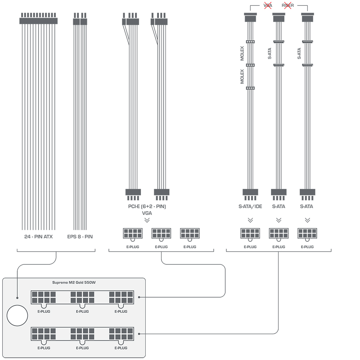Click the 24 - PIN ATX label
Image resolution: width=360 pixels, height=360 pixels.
click(38, 237)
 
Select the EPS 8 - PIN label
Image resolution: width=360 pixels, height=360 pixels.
click(80, 237)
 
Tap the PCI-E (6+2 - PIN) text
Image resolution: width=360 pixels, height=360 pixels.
click(147, 206)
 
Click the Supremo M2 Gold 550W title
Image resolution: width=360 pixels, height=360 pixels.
click(74, 282)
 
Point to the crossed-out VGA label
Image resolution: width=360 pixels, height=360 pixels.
click(268, 5)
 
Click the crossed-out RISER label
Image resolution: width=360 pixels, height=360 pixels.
click(288, 5)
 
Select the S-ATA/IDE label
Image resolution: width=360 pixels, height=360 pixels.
click(250, 206)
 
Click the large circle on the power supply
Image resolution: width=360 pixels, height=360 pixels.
click(17, 315)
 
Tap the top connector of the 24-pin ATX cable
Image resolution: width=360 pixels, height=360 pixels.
click(38, 18)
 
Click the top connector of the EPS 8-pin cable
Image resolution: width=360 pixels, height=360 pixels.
click(80, 19)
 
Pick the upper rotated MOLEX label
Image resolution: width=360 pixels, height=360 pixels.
click(242, 53)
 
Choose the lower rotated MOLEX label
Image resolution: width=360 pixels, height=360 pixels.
click(242, 76)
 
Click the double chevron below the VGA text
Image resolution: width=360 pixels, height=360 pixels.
click(147, 220)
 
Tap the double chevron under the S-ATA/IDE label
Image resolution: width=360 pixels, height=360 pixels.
click(250, 220)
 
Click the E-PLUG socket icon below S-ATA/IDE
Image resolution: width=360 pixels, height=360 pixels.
click(250, 234)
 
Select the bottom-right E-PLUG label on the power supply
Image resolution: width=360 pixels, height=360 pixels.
click(121, 348)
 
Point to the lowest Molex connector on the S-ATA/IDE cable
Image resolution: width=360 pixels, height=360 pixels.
click(250, 88)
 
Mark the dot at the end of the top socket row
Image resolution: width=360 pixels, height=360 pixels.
click(139, 297)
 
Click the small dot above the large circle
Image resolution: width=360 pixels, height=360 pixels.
click(17, 298)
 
